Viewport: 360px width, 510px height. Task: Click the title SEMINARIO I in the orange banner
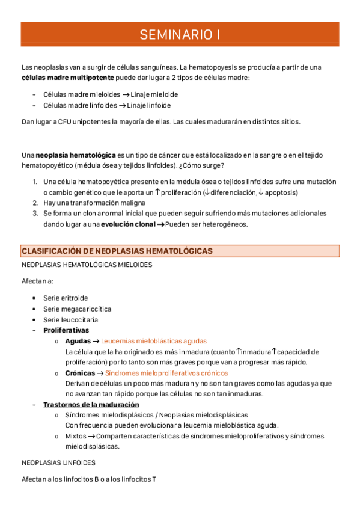coord(180,35)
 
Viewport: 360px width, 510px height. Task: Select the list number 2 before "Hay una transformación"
coord(35,203)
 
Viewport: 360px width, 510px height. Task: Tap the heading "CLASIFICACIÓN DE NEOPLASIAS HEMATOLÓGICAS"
coord(117,251)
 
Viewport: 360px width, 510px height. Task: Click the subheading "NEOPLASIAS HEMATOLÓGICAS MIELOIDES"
coord(87,265)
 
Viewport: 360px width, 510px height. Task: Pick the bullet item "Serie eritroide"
coord(66,298)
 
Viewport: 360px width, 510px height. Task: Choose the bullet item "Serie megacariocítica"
coord(77,309)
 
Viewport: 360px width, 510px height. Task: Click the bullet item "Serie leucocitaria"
coord(70,319)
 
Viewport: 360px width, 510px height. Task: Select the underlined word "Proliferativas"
coord(66,330)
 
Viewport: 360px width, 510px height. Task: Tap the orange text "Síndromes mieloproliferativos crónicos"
coord(162,373)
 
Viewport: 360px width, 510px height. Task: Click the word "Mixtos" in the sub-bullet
coord(76,437)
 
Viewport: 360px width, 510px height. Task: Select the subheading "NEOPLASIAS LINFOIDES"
coord(58,463)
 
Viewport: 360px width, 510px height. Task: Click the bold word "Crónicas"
coord(80,373)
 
